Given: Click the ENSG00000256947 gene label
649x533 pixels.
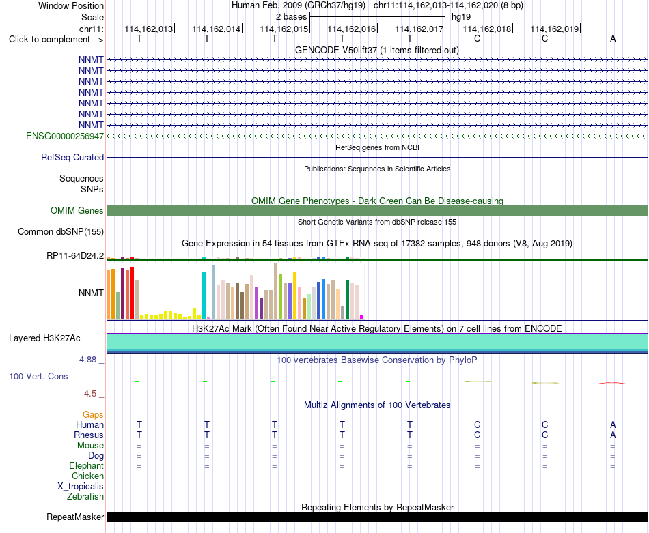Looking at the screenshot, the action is pyautogui.click(x=65, y=136).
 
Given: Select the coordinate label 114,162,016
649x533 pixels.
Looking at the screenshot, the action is pyautogui.click(x=351, y=29).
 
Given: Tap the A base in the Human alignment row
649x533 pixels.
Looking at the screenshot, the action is pyautogui.click(x=613, y=424).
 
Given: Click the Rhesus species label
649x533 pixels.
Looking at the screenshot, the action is pyautogui.click(x=89, y=435).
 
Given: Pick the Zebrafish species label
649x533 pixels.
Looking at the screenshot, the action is pyautogui.click(x=85, y=496).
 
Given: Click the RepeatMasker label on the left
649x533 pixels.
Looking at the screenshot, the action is pyautogui.click(x=75, y=517).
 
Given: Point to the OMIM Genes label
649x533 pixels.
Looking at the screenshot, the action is pyautogui.click(x=77, y=210).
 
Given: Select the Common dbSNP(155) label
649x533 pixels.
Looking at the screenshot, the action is pyautogui.click(x=61, y=231).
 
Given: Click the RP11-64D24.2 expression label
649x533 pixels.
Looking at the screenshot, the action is pyautogui.click(x=75, y=255).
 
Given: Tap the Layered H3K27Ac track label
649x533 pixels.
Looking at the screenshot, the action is pyautogui.click(x=44, y=338).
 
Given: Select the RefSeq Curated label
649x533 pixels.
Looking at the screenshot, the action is pyautogui.click(x=72, y=157).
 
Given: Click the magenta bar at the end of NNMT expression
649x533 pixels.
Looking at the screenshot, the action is pyautogui.click(x=362, y=317).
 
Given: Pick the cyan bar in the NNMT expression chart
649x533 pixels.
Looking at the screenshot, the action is pyautogui.click(x=204, y=296).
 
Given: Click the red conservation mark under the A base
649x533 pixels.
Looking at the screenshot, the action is pyautogui.click(x=612, y=383).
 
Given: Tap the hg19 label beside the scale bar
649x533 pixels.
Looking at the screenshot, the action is pyautogui.click(x=461, y=17).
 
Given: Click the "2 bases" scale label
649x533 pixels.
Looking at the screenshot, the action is pyautogui.click(x=292, y=17).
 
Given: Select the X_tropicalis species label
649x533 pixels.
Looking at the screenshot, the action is pyautogui.click(x=81, y=487).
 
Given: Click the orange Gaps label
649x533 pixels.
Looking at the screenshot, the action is pyautogui.click(x=93, y=415).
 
